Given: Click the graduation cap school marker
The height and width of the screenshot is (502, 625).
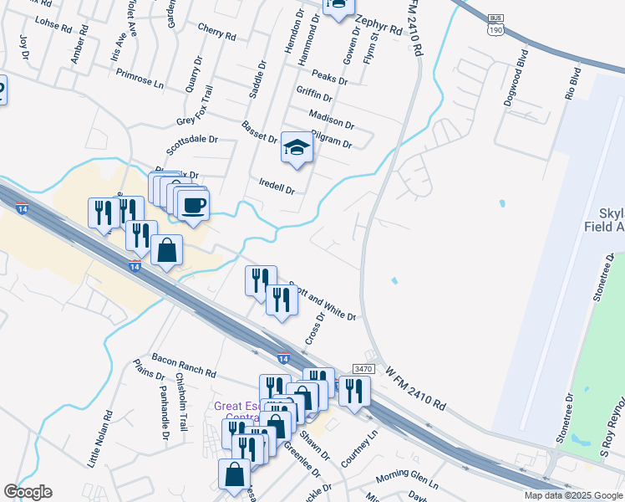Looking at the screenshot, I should point(296,147).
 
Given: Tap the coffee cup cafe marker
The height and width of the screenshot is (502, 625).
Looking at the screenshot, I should point(193,205).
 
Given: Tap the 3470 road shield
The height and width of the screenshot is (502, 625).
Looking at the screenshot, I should point(363,369).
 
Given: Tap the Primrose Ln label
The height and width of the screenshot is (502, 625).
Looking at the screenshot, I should point(140,78).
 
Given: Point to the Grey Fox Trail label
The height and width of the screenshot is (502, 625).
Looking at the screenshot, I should point(197,107).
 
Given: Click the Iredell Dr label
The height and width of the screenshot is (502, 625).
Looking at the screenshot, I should point(277,186).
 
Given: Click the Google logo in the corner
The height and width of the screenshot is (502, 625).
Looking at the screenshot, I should point(28,492).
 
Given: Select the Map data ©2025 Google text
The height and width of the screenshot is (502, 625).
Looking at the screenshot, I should point(572,495).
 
